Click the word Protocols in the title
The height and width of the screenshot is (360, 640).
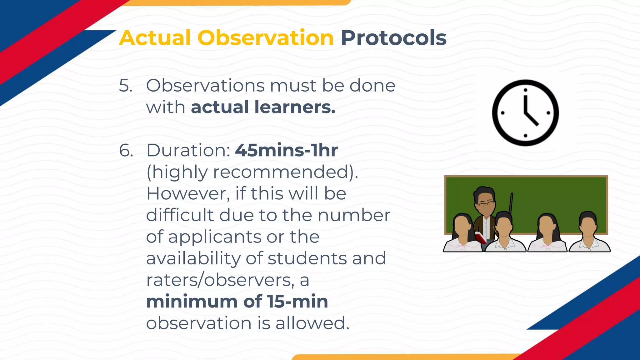point(393,38)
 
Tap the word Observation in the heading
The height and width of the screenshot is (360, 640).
point(265,38)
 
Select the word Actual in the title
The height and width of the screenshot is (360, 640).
point(155,38)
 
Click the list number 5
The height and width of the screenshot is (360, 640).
point(126,86)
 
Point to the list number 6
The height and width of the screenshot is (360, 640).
point(126,151)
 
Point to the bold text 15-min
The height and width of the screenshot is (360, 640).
point(297,302)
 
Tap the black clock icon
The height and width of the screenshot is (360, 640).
point(525,113)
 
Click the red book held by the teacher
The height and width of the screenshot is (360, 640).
point(481,238)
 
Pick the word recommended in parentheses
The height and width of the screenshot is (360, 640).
point(281,172)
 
